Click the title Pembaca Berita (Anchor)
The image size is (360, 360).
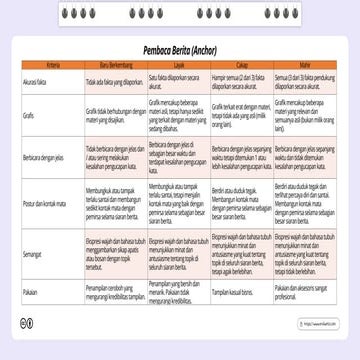point(179,46)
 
